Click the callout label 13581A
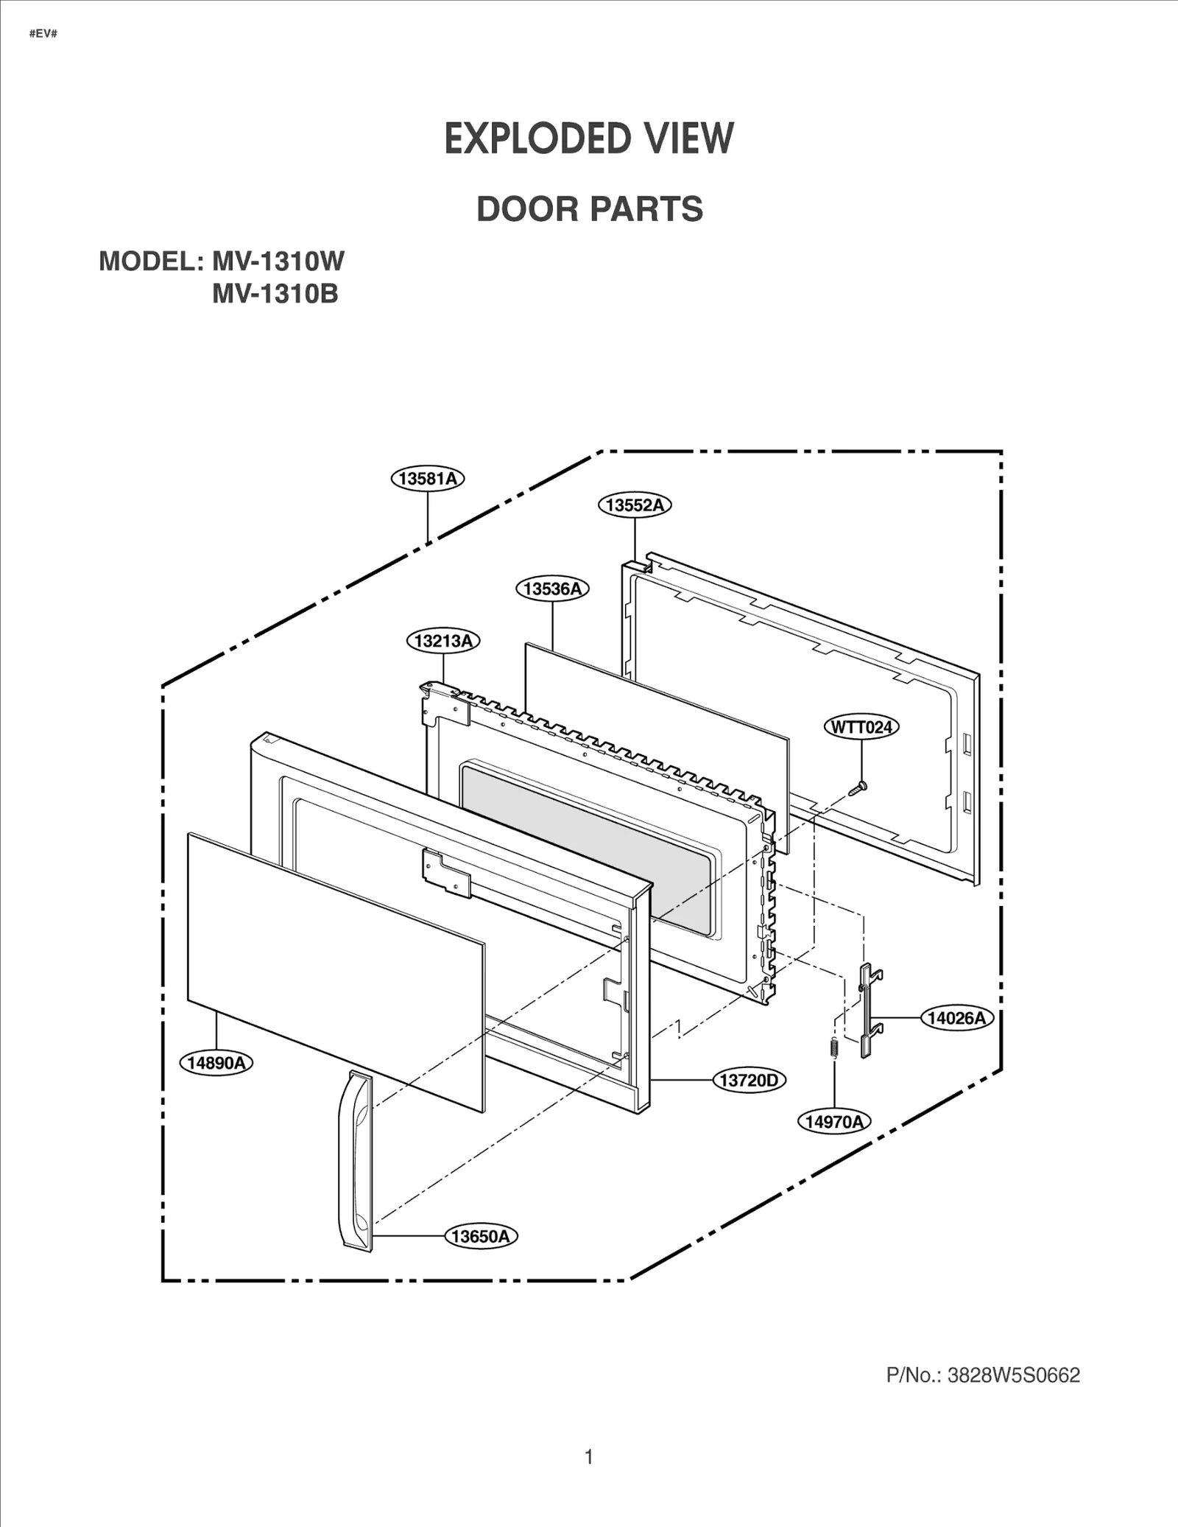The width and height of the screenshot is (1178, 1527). (428, 479)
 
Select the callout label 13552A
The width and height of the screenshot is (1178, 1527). (635, 505)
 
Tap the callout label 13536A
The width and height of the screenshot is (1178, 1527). (552, 589)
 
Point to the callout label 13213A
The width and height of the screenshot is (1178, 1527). (443, 641)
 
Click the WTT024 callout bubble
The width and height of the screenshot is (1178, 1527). (861, 727)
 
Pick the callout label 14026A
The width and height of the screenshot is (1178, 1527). (956, 1018)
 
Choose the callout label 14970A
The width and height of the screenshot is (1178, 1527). (834, 1121)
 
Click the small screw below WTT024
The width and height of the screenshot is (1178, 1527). (858, 788)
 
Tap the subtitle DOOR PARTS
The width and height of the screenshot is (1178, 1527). (590, 209)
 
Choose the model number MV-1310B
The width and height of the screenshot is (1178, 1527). (275, 294)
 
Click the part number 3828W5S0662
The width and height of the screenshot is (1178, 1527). (1013, 1375)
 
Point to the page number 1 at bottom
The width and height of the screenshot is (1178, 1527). (588, 1456)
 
